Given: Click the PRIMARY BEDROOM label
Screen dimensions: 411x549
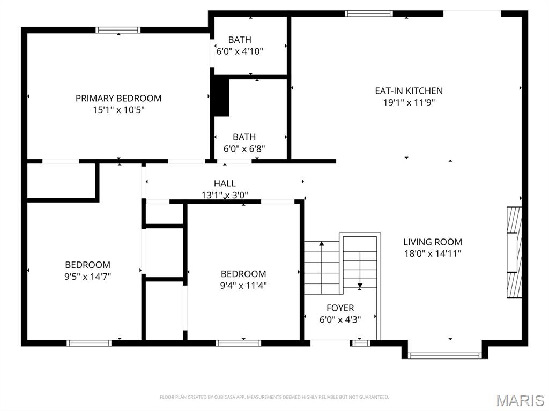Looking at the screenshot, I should tap(118, 98).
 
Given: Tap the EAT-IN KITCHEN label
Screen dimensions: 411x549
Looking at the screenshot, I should tap(409, 91).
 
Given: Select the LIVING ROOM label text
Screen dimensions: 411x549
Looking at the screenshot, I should tap(432, 242).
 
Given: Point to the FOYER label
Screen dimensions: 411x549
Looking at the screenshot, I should tap(340, 308).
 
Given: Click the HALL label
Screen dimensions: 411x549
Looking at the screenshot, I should tap(225, 184).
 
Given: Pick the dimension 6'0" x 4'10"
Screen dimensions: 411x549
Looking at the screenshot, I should tap(239, 51).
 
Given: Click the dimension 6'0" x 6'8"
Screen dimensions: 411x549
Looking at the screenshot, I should tap(244, 148).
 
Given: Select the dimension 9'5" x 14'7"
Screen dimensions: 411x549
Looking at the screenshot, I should tap(88, 277).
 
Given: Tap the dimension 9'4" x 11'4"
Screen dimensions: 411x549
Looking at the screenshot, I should tap(243, 286).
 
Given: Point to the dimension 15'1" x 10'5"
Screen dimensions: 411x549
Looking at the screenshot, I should tap(118, 110).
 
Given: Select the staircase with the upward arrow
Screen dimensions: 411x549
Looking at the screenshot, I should tap(322, 267).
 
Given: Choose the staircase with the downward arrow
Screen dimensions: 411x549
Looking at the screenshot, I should tap(360, 263).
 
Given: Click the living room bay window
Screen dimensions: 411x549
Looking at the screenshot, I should tap(444, 355).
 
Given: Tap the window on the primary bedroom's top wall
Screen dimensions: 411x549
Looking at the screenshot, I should tap(118, 30).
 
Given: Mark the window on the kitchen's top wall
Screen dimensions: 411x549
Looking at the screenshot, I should tap(369, 13).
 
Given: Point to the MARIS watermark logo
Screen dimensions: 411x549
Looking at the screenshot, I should tap(520, 400).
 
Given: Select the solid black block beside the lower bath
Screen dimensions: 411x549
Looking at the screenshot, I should tap(221, 96).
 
